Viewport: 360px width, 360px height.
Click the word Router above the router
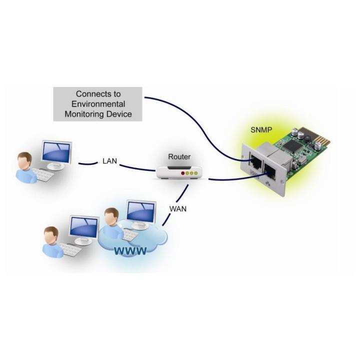(x=179, y=156)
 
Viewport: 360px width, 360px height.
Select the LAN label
(x=109, y=161)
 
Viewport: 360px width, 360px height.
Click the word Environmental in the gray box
(x=97, y=104)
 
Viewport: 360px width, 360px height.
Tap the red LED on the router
(x=183, y=174)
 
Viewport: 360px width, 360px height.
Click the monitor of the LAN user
(x=56, y=153)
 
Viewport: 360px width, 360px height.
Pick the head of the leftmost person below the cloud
(x=50, y=234)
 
